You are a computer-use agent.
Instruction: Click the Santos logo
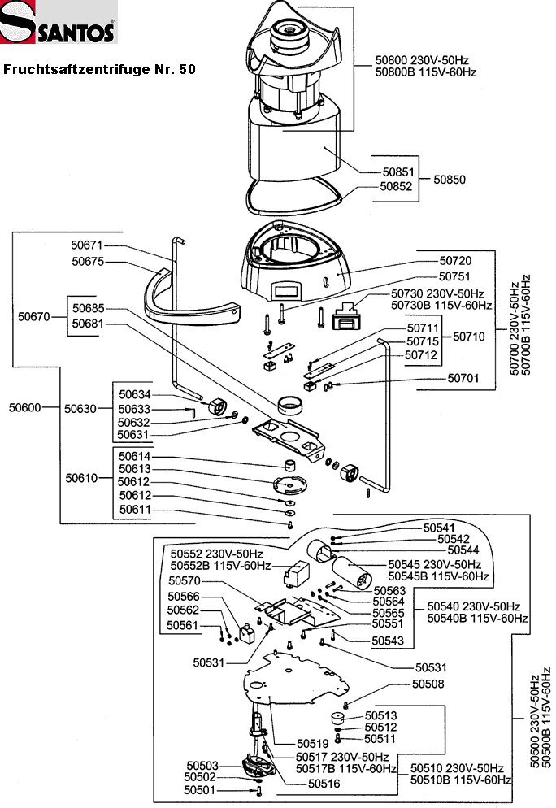(x=59, y=23)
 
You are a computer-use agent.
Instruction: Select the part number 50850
(x=450, y=178)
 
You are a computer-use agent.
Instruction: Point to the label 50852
(x=397, y=186)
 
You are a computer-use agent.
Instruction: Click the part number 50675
(x=87, y=262)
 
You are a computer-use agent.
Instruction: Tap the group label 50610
(x=80, y=479)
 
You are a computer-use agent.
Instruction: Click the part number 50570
(x=184, y=580)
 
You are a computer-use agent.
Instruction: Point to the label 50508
(x=428, y=684)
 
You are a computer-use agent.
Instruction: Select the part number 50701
(x=463, y=378)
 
